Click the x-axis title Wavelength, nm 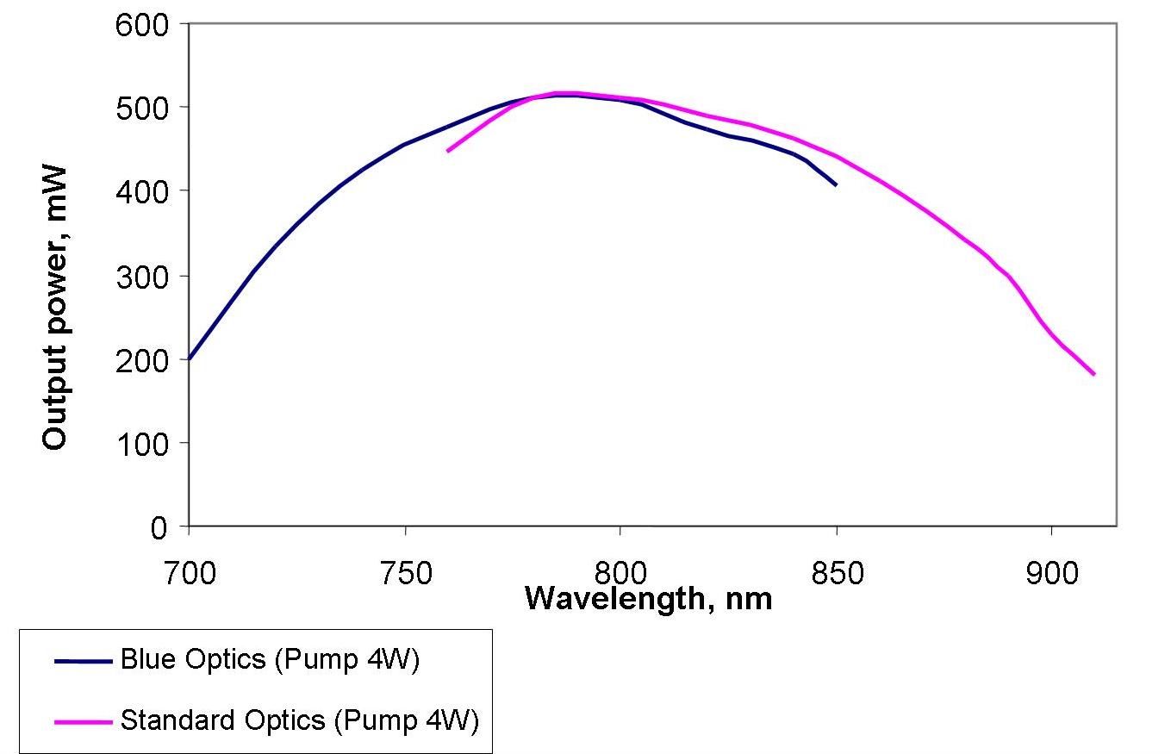[648, 597]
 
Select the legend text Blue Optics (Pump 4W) [270, 661]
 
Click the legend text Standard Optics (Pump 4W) [299, 720]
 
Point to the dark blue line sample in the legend [83, 662]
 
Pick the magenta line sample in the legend [83, 720]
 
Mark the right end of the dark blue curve [836, 184]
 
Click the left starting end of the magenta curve [447, 151]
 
